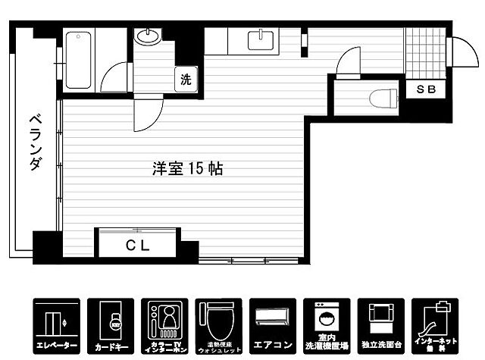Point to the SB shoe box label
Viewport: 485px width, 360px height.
coord(425,89)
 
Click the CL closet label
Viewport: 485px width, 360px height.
coord(137,245)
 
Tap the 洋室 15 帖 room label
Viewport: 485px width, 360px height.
coord(186,168)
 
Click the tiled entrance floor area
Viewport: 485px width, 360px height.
coord(424,53)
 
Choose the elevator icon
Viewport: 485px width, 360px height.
coord(55,324)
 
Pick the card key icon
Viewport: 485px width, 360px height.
coord(109,324)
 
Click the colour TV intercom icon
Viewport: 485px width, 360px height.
coord(163,324)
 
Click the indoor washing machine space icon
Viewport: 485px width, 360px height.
coord(326,324)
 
